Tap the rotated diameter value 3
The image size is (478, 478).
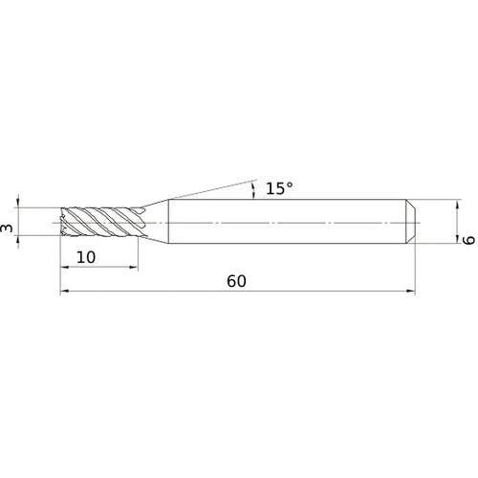coord(8,228)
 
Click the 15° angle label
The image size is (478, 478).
coord(277,188)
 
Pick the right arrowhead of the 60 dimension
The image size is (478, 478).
coord(411,292)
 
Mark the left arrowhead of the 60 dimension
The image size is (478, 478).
coord(64,292)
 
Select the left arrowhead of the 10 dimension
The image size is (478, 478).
coord(64,268)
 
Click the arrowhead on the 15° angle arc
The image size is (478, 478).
coord(252,193)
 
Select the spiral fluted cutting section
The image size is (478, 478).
coord(100,223)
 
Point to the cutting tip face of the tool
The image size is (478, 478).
coord(63,223)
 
